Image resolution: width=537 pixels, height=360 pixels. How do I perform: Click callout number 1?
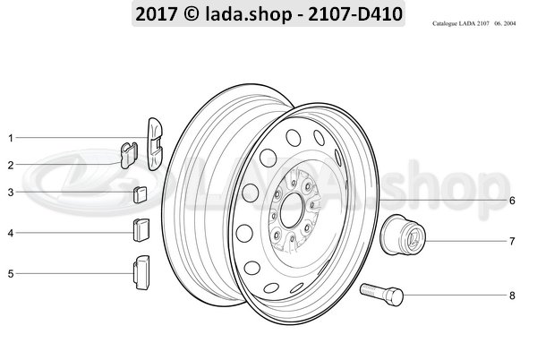[10, 138]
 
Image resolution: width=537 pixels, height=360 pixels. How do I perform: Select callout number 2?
[10, 165]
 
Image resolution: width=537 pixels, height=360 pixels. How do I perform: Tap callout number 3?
[10, 192]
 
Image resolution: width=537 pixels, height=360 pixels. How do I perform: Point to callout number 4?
[10, 234]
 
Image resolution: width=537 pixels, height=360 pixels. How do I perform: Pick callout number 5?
[10, 273]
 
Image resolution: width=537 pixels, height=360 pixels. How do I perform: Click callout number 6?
[512, 201]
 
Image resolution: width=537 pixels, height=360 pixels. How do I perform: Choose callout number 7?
[512, 241]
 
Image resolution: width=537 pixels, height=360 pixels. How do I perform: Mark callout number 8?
[512, 295]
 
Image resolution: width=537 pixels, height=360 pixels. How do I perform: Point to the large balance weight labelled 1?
[155, 141]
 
